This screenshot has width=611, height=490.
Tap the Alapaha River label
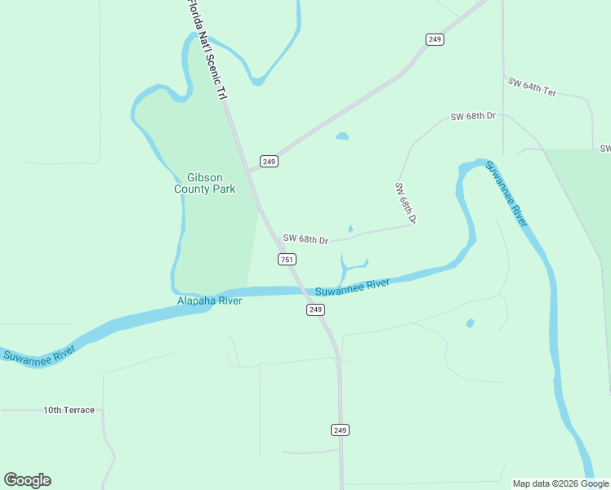tap(210, 301)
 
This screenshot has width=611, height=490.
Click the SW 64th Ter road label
tap(532, 87)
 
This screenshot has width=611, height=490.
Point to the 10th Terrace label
tap(69, 410)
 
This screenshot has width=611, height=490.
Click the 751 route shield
tap(287, 259)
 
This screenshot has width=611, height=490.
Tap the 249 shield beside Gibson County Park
tap(270, 161)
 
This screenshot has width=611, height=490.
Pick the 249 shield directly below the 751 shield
tap(316, 310)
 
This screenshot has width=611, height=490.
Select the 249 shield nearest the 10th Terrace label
tap(341, 430)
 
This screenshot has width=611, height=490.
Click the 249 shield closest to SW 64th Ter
tap(435, 39)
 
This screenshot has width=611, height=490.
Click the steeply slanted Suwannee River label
tap(506, 194)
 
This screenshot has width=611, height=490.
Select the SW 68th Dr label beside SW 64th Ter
tap(473, 117)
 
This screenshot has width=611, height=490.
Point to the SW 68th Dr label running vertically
tap(406, 203)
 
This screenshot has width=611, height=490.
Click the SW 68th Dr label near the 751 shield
tap(305, 239)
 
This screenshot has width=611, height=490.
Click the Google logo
tap(28, 480)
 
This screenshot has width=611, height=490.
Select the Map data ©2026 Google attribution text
tap(560, 483)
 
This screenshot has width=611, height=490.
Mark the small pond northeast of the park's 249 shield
tap(341, 136)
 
